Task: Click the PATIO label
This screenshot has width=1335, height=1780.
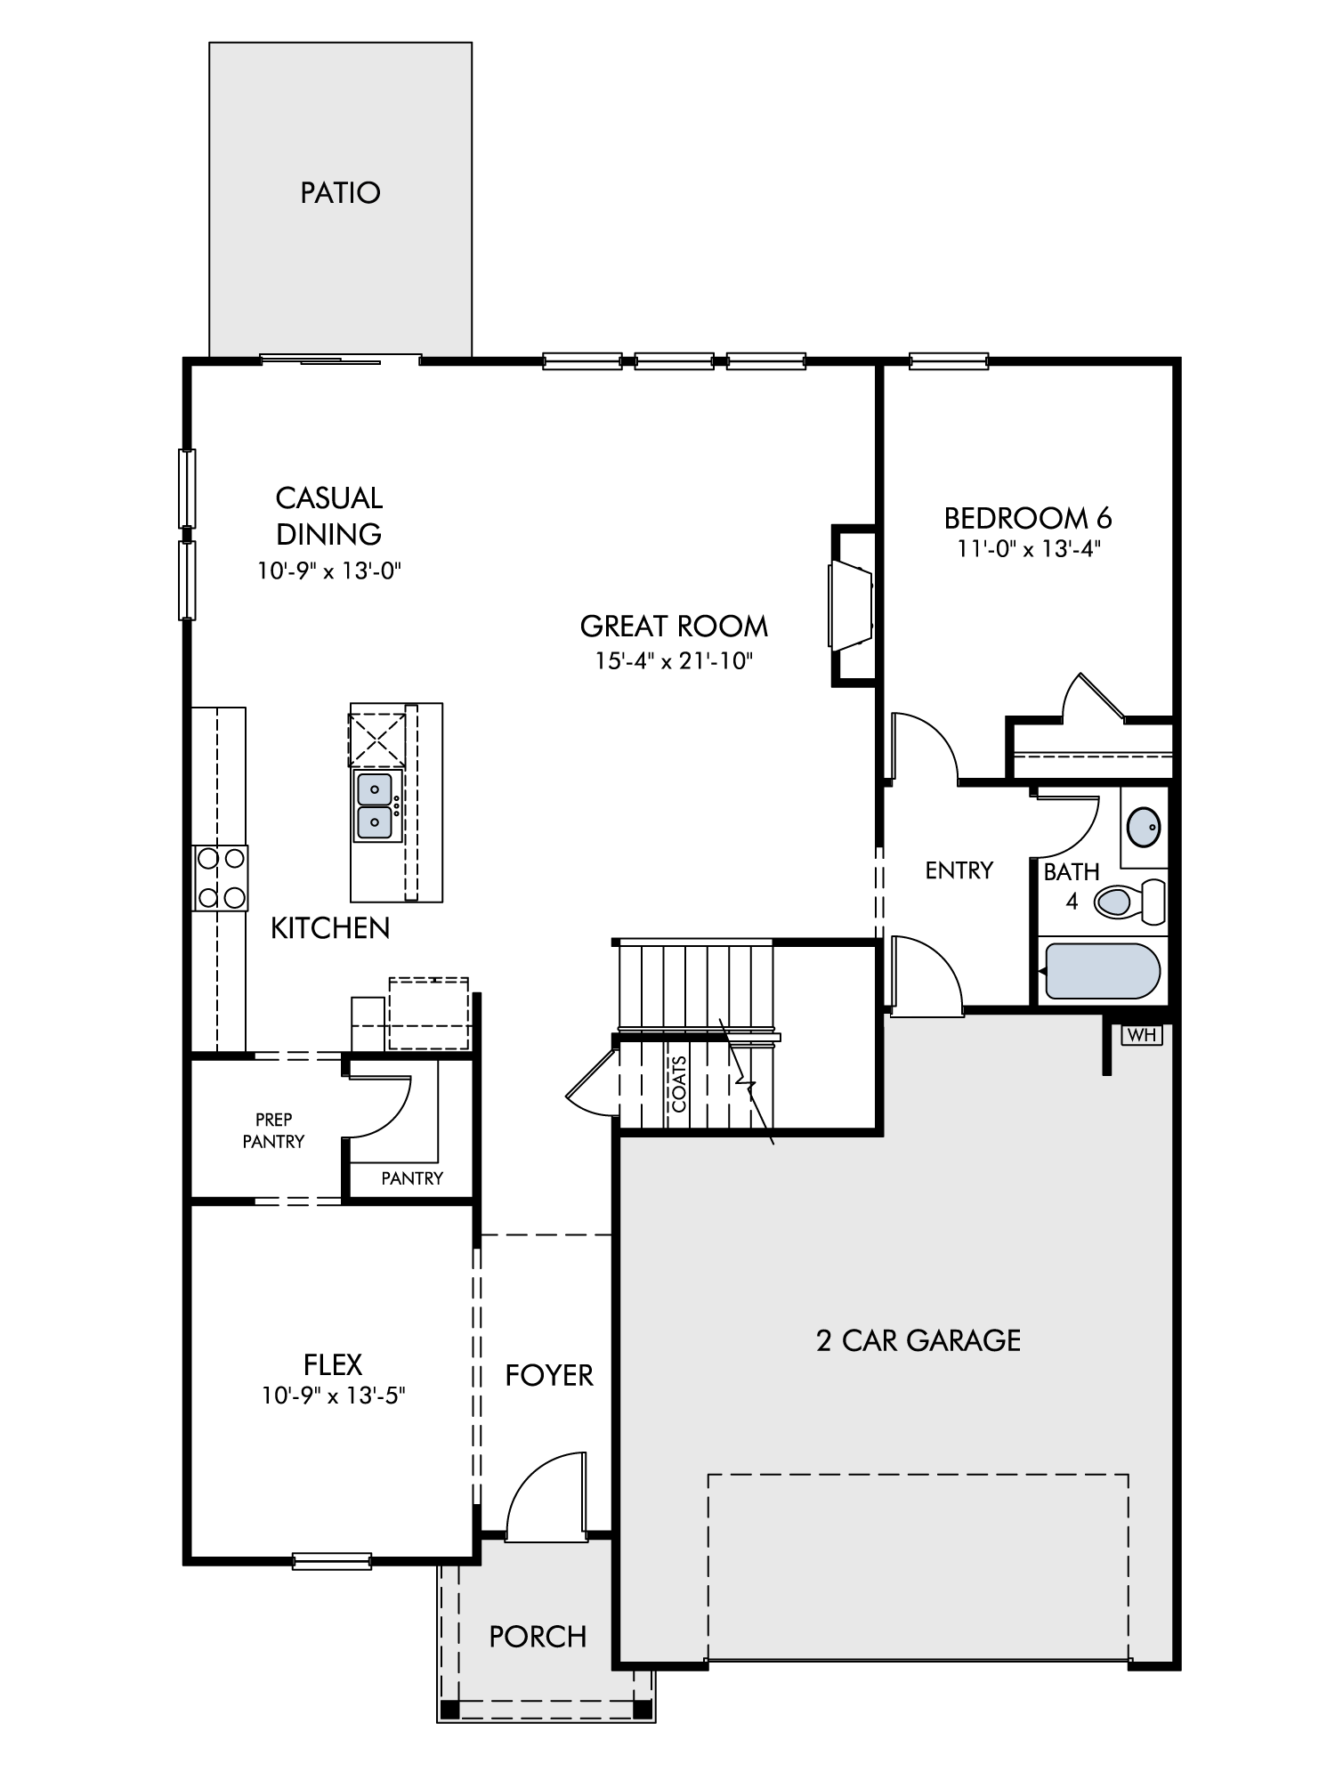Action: tap(340, 192)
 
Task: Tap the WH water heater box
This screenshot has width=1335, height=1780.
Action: tap(1142, 1035)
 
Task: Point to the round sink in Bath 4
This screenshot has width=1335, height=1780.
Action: tap(1144, 827)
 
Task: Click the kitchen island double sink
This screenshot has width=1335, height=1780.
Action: tap(375, 806)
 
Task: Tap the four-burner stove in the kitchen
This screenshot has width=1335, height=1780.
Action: tap(221, 878)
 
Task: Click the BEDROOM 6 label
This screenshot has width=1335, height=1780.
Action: tap(1028, 517)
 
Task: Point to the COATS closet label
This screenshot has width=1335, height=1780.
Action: tap(679, 1084)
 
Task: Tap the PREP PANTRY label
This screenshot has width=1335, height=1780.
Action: tap(273, 1130)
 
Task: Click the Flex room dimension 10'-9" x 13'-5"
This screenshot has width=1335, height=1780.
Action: tap(333, 1396)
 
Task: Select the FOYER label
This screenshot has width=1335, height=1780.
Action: tap(549, 1375)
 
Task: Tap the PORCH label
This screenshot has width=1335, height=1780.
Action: tap(538, 1636)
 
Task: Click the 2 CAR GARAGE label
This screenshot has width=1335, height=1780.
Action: tap(918, 1339)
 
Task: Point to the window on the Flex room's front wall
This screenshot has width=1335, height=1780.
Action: tap(332, 1561)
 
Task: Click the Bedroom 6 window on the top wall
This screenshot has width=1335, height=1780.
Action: tap(949, 361)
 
